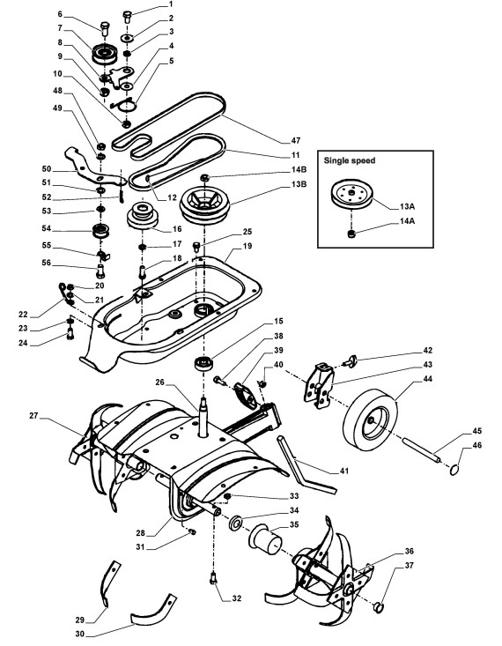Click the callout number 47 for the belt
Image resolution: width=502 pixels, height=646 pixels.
[296, 140]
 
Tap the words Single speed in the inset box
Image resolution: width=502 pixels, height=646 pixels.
[350, 160]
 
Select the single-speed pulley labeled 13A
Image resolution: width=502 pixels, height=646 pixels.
[352, 193]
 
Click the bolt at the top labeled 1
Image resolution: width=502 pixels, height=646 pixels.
[127, 18]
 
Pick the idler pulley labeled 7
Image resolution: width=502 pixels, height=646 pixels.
[105, 53]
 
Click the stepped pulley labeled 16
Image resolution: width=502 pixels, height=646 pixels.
[142, 215]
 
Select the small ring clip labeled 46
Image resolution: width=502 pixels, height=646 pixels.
[454, 469]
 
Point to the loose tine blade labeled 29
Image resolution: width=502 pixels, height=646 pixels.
[109, 583]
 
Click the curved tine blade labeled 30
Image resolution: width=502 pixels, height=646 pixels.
[153, 610]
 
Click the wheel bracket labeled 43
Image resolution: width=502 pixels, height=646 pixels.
[319, 386]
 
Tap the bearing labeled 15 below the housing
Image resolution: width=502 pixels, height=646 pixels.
[203, 363]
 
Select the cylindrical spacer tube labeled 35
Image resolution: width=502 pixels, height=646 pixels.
[265, 539]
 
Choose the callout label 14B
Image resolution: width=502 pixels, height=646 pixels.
[299, 169]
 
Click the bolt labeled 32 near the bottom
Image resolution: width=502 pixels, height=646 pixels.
[213, 578]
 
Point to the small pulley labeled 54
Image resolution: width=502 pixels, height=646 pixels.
[100, 231]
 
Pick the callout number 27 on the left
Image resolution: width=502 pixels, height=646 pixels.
[33, 416]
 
